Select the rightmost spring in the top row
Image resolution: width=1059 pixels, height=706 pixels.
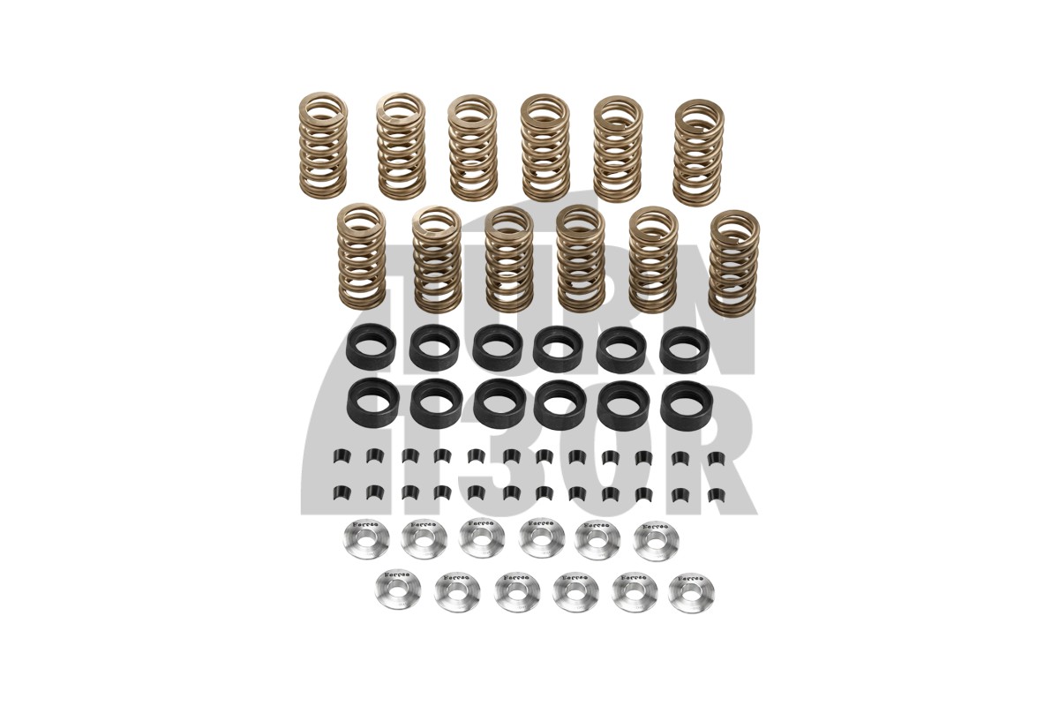[x=698, y=152]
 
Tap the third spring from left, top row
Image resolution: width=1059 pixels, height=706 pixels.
[x=472, y=146]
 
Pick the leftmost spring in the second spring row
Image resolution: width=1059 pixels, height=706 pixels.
[x=361, y=256]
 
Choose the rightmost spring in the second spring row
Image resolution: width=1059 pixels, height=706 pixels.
[x=733, y=262]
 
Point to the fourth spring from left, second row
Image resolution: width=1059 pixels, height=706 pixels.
[x=580, y=258]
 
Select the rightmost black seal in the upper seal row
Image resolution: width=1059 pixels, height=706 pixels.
[x=682, y=349]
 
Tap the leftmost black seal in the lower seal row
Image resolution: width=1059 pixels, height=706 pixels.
[x=372, y=403]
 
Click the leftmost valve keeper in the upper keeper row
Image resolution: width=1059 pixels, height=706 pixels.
[x=337, y=456]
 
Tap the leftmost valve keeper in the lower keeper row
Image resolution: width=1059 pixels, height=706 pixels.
[x=337, y=492]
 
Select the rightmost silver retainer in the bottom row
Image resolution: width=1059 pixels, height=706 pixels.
[x=691, y=593]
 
